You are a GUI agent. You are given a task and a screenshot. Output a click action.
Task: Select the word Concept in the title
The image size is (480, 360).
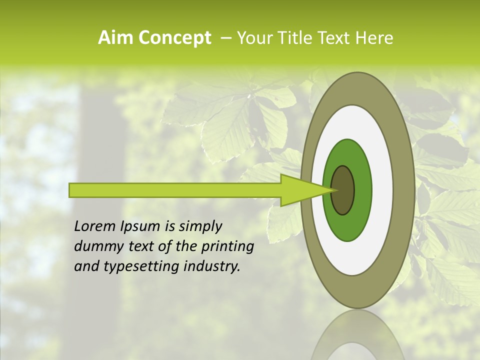click(x=174, y=38)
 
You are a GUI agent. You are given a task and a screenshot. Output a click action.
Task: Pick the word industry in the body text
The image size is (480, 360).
click(x=211, y=266)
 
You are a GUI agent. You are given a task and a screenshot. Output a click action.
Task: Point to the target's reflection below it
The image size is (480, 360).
click(x=357, y=337)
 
